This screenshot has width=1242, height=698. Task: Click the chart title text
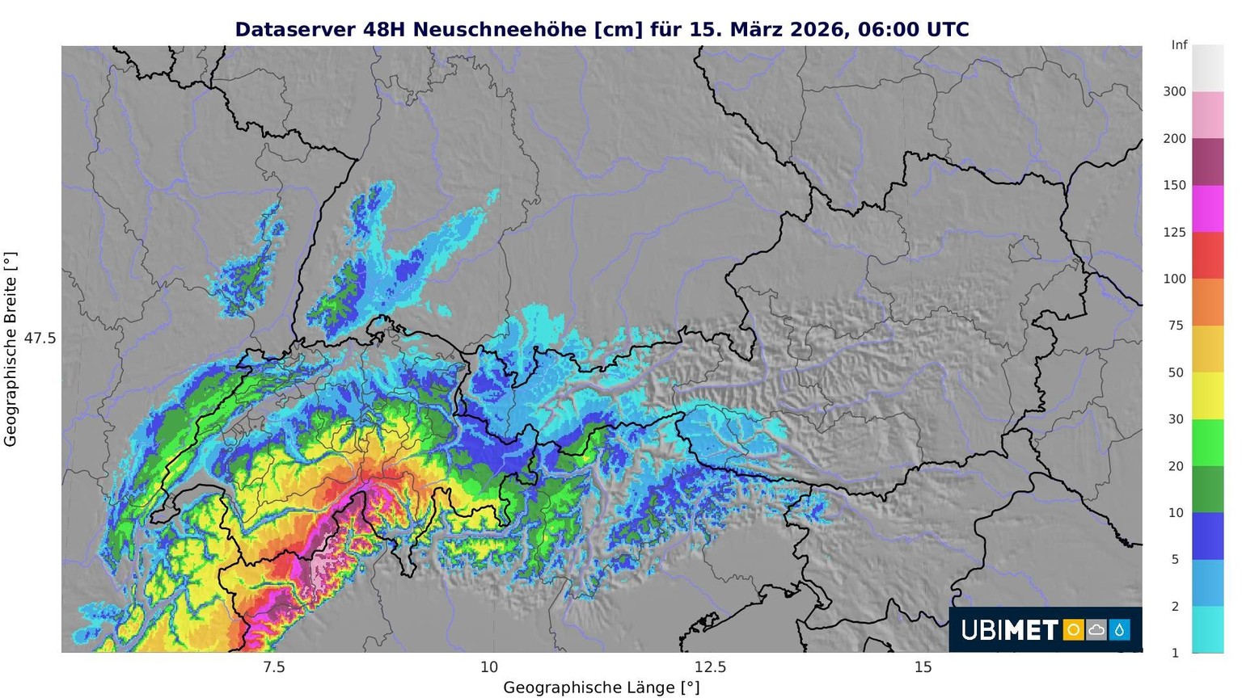[x=602, y=30]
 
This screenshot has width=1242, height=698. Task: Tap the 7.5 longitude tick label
[x=274, y=667]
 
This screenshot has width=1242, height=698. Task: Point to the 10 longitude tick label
[x=489, y=667]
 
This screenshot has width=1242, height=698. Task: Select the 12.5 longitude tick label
[x=710, y=667]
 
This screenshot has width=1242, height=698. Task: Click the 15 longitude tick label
[x=923, y=667]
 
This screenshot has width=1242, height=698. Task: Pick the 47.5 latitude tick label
[x=40, y=338]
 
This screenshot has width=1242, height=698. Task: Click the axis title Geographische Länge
[x=601, y=687]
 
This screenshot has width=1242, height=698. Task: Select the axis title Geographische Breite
[x=11, y=349]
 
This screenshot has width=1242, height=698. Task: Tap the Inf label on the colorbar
[x=1179, y=45]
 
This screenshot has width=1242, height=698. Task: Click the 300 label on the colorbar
[x=1174, y=92]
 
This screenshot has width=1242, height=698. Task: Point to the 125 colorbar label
[x=1174, y=233]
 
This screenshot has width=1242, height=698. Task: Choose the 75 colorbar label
[x=1176, y=326]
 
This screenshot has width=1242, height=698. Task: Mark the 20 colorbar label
[x=1176, y=466]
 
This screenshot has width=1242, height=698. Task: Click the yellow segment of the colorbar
[x=1207, y=396]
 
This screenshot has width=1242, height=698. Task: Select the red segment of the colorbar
[x=1207, y=255]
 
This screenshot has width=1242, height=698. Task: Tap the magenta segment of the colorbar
[x=1207, y=208]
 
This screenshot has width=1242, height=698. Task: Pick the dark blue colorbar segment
[x=1207, y=536]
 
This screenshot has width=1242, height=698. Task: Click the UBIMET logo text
[x=1009, y=630]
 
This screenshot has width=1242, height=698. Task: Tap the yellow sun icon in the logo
[x=1073, y=630]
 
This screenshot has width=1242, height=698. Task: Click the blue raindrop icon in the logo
[x=1120, y=630]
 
